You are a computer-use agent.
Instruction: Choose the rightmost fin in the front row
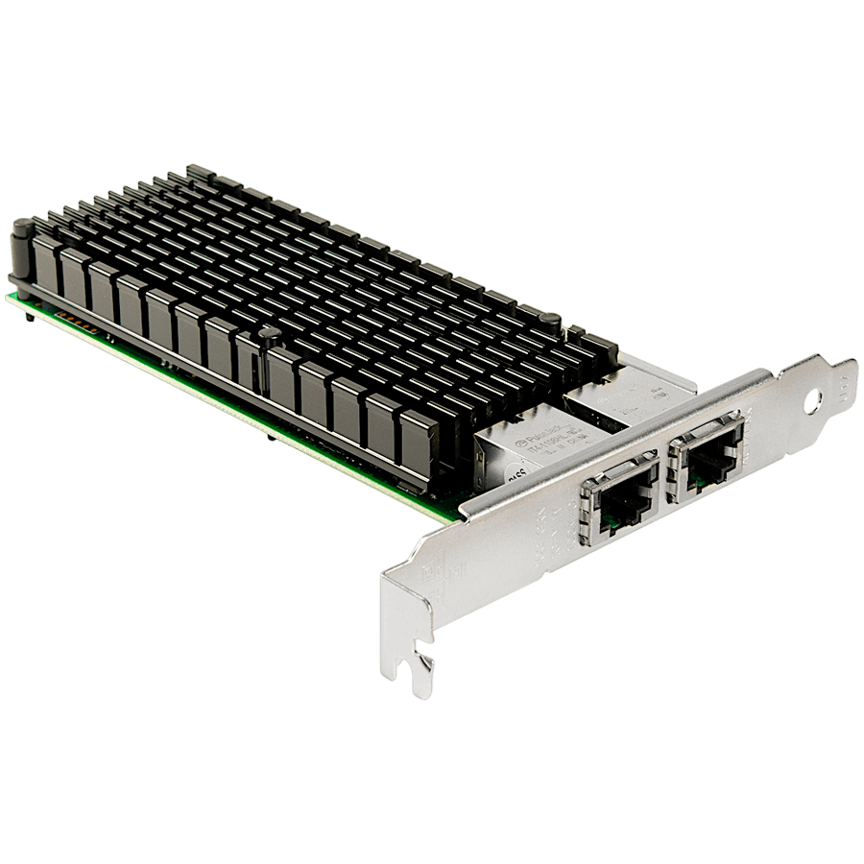(420, 441)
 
